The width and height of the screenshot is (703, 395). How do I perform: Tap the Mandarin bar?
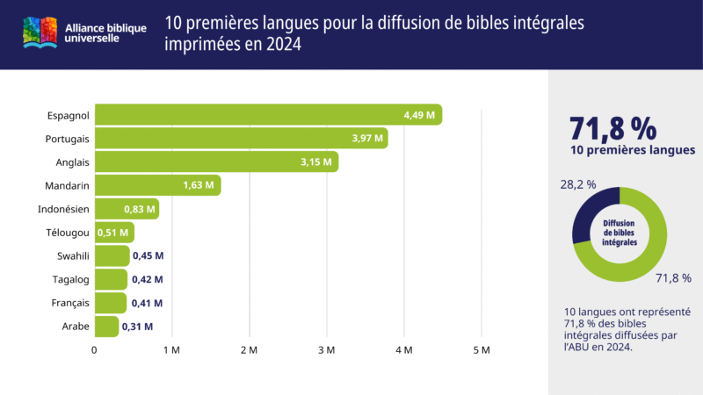tap(157, 185)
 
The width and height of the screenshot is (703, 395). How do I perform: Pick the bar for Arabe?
tap(106, 327)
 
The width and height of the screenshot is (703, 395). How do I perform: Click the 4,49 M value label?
tap(418, 115)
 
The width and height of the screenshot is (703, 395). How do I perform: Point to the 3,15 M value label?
tap(315, 162)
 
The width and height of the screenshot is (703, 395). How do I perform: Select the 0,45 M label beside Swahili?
tap(148, 255)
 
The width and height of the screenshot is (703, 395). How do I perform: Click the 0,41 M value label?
tap(147, 303)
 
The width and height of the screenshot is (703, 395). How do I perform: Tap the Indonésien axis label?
tap(63, 209)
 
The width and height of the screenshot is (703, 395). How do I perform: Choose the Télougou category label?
tap(67, 233)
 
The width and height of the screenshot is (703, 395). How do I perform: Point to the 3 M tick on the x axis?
tap(326, 350)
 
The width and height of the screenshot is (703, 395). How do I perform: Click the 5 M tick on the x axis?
tap(481, 350)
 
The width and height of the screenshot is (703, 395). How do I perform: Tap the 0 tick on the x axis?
tap(95, 350)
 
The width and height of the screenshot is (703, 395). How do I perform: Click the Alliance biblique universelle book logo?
tap(40, 33)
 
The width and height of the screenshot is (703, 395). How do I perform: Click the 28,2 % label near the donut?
tap(577, 184)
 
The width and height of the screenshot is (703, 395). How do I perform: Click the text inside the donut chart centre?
tap(620, 232)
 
